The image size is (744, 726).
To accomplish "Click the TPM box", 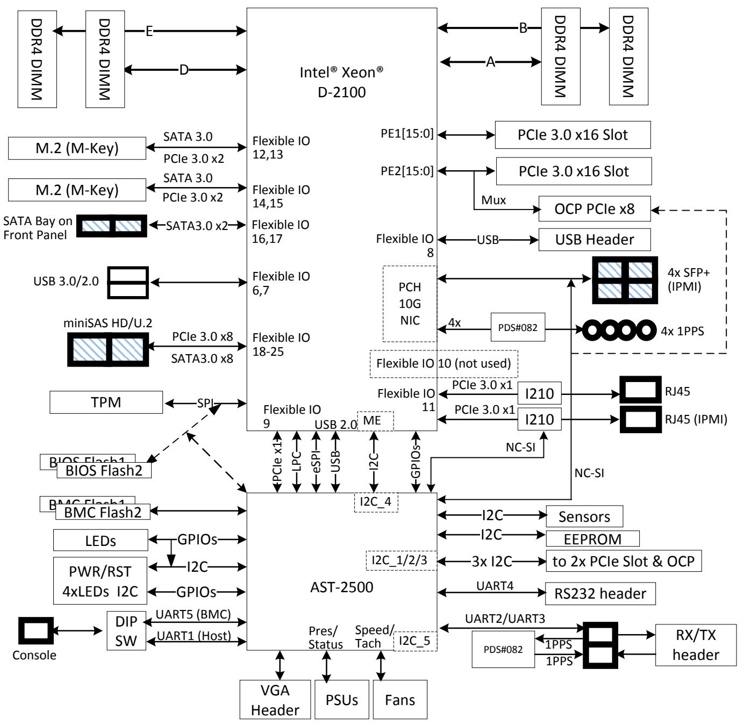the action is [x=106, y=402].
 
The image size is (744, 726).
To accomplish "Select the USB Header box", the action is [x=594, y=240].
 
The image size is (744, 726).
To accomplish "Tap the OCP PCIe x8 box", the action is [x=594, y=209].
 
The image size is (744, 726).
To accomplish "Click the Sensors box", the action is [x=584, y=516].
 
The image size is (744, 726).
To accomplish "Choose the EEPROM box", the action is [x=592, y=538].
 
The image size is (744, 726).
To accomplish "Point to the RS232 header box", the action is [x=600, y=593].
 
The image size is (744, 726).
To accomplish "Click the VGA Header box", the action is [x=275, y=699].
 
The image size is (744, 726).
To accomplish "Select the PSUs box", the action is [x=341, y=699].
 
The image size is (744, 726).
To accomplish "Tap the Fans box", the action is [x=399, y=699].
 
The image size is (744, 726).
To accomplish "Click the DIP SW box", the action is [x=126, y=630].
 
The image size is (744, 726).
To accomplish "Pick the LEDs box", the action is [x=100, y=540].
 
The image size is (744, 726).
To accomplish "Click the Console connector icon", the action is [x=36, y=630].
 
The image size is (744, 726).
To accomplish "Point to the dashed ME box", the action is [x=375, y=421].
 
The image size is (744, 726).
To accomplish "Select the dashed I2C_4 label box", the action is [x=376, y=502].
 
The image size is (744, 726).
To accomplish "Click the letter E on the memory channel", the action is [x=149, y=31].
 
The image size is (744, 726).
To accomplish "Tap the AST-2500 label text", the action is [x=341, y=587].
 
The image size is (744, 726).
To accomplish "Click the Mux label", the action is [x=493, y=200].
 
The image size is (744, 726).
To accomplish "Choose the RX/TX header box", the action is [x=696, y=645].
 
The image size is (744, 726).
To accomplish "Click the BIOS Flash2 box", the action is [x=104, y=470].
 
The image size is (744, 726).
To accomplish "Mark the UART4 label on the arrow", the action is [x=495, y=586].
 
